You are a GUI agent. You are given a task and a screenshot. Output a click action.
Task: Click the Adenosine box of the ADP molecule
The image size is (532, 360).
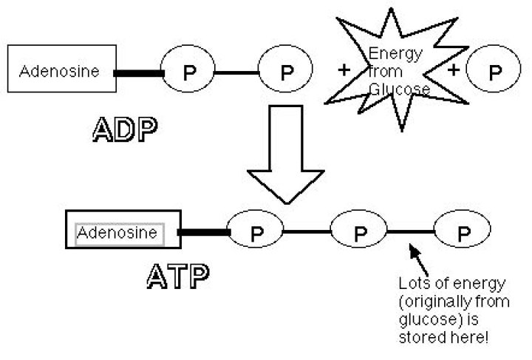61,72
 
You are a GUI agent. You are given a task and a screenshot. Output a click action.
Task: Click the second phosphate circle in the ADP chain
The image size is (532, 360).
287,72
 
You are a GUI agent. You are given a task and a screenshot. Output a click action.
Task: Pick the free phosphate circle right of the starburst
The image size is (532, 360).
494,72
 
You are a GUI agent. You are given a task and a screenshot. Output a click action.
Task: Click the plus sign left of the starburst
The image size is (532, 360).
343,71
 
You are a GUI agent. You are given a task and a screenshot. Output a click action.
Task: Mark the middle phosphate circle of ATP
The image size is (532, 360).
359,233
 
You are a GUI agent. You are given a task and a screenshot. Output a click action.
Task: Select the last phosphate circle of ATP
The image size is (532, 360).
463,233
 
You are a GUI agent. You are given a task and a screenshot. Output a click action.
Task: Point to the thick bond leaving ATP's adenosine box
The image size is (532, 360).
205,234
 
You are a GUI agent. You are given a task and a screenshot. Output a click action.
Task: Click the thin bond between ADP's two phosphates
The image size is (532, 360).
236,72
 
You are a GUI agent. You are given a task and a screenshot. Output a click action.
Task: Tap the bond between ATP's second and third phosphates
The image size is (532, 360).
411,233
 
